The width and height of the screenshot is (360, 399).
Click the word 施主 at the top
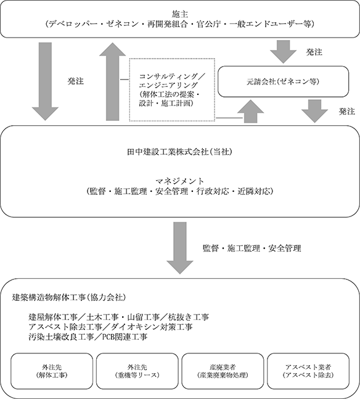[180, 14]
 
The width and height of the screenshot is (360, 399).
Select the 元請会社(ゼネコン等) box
[283, 81]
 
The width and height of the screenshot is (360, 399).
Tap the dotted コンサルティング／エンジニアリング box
[172, 90]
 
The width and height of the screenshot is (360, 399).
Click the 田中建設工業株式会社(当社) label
[179, 152]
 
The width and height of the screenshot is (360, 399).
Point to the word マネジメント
[179, 181]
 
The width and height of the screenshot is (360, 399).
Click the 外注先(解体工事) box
[52, 371]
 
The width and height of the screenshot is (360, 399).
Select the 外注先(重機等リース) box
[137, 371]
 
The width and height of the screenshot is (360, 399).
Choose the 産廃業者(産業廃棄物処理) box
[223, 371]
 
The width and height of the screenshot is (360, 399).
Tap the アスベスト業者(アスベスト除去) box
[308, 371]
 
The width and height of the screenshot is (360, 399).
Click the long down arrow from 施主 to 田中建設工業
[45, 81]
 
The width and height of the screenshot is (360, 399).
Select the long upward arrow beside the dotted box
[112, 81]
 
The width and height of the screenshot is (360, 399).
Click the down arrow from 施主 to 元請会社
[283, 52]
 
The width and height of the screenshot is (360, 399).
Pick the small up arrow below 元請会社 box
[251, 112]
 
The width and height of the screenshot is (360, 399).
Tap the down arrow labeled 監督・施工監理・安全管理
[180, 248]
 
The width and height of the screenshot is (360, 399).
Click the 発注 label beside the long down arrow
[75, 81]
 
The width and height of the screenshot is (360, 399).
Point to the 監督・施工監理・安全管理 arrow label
[252, 248]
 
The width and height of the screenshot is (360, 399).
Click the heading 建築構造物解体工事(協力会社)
[69, 297]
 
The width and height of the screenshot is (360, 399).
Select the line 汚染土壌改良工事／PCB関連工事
[88, 337]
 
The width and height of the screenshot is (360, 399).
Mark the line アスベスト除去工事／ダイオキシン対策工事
[110, 327]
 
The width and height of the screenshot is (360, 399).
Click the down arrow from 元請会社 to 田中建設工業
[314, 112]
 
